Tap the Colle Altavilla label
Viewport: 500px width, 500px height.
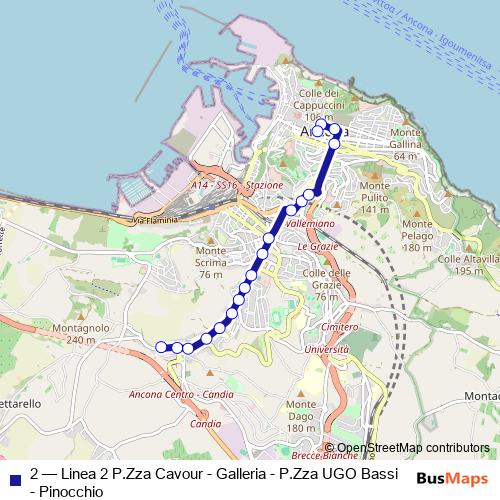click(x=460, y=264)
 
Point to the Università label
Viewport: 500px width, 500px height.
click(x=326, y=350)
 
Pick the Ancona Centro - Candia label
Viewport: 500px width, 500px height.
click(x=181, y=394)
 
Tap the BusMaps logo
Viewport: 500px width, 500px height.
click(x=453, y=478)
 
